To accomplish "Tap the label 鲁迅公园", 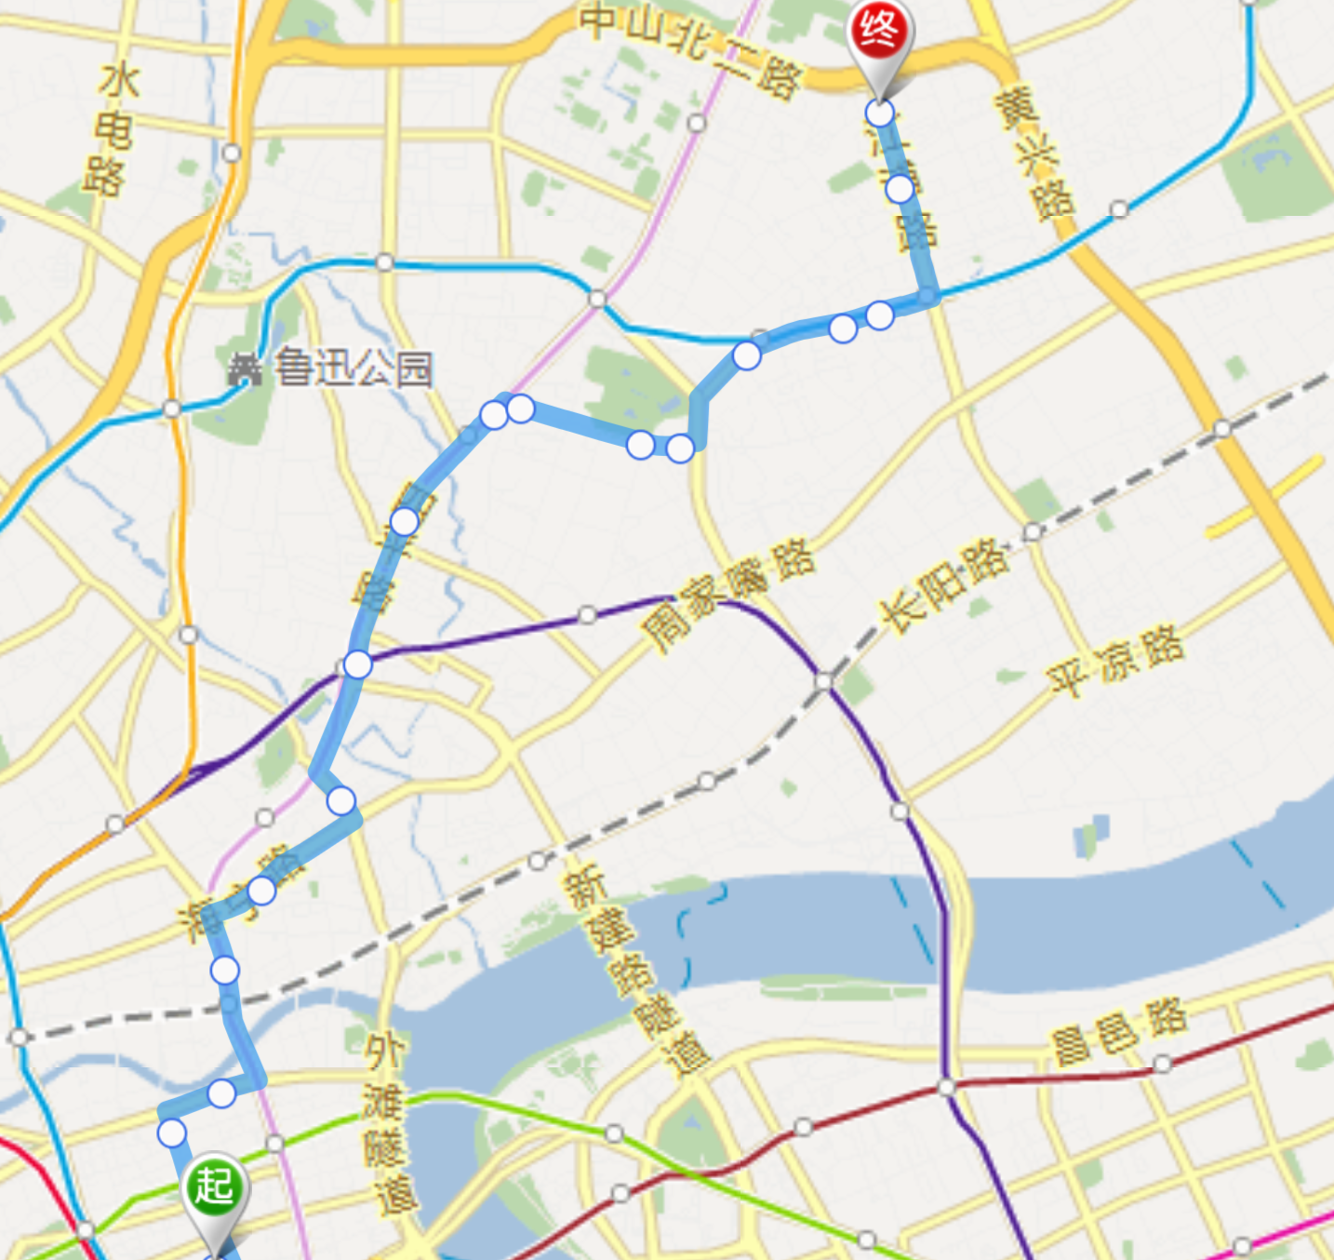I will click(353, 369).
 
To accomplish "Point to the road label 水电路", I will click(112, 130).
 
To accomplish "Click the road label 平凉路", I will click(1115, 659).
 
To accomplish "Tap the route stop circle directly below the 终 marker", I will click(879, 113).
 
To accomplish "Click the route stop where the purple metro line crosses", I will click(357, 664).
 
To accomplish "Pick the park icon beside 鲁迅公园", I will click(245, 370).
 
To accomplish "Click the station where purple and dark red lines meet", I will click(946, 1086).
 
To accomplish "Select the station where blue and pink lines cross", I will click(597, 299).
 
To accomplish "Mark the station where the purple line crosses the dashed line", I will click(823, 682).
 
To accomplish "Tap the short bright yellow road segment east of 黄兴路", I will click(1265, 497).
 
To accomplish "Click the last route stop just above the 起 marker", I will click(172, 1133).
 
